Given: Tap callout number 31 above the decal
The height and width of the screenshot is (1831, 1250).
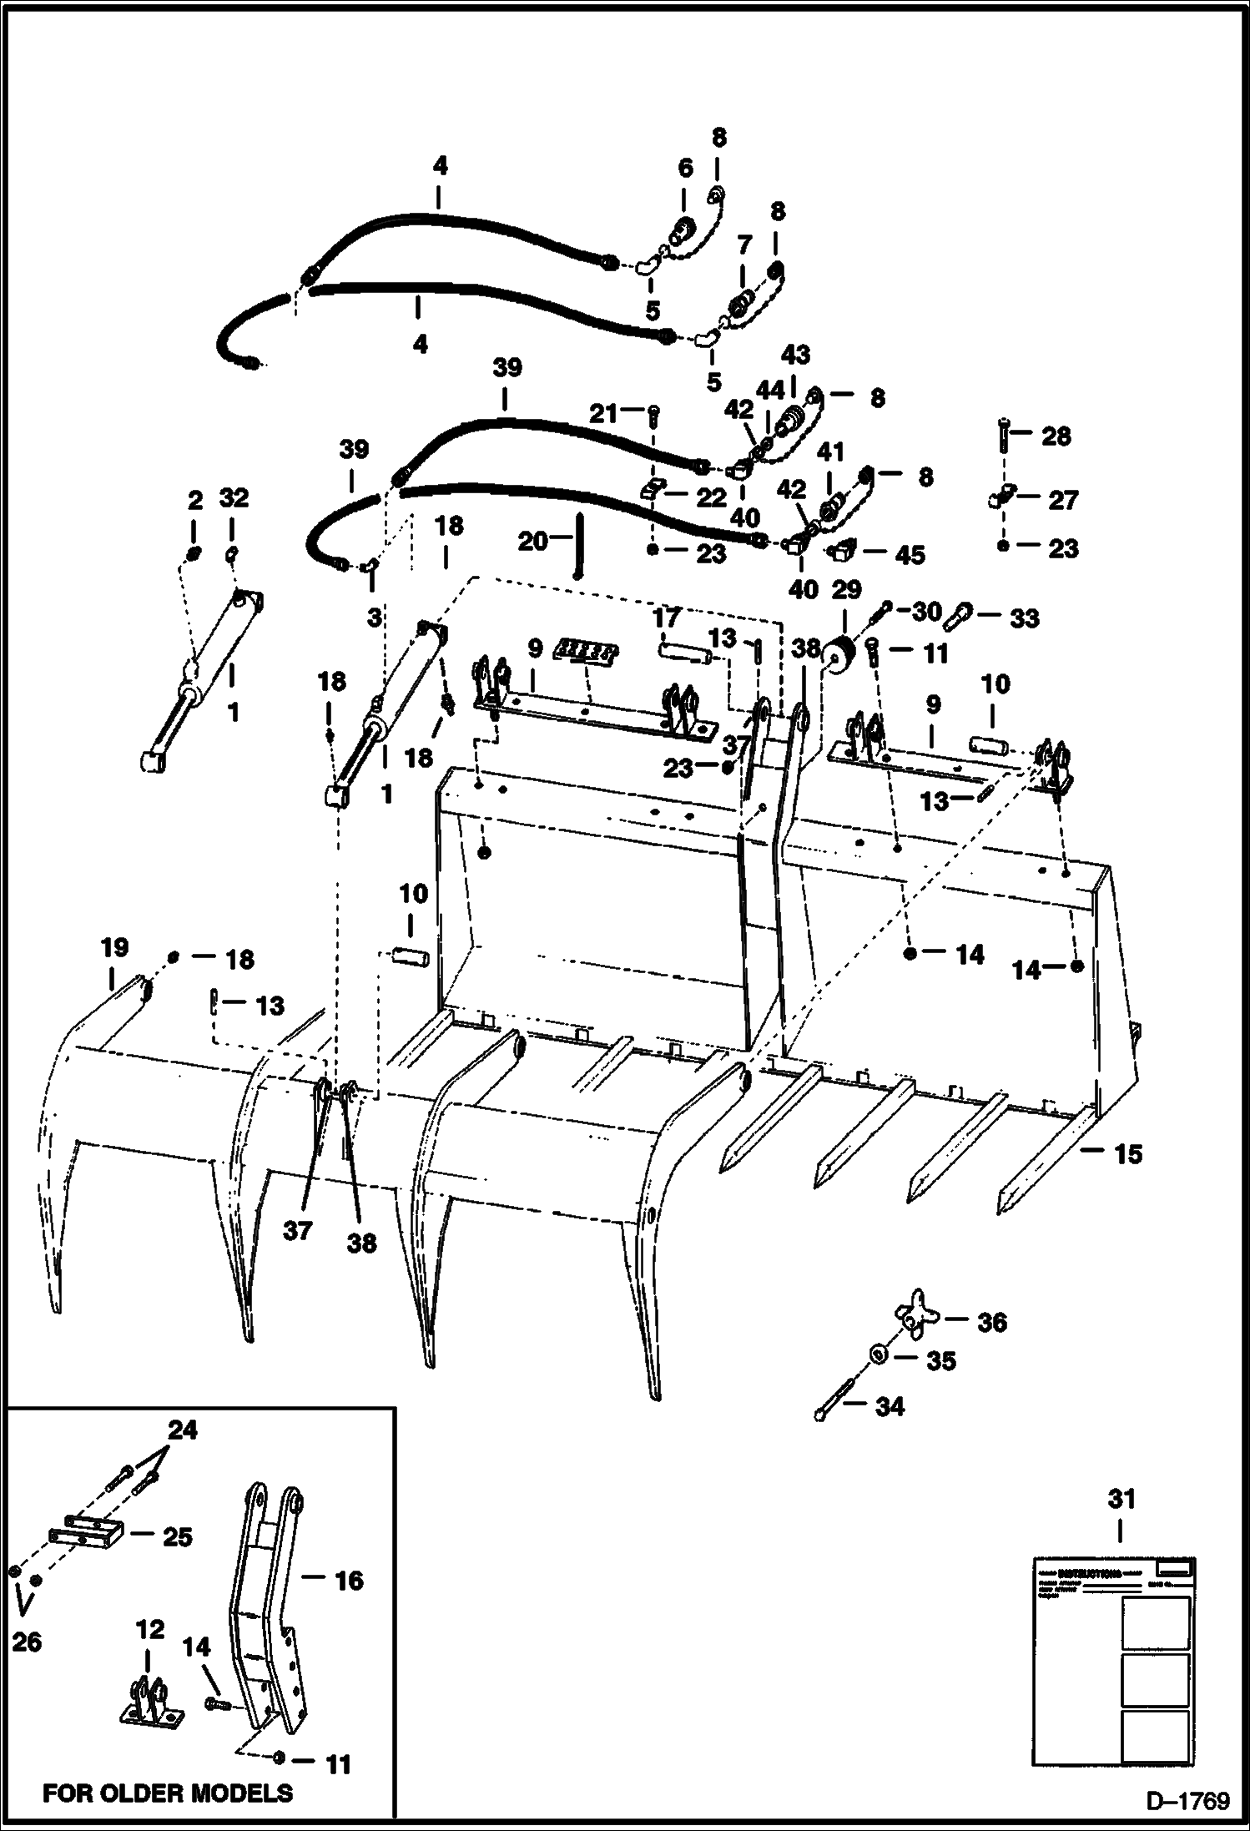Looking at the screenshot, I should tap(1121, 1500).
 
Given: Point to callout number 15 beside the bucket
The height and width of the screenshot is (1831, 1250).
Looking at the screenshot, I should tap(1127, 1154).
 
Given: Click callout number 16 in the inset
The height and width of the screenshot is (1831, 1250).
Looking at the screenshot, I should tap(348, 1580).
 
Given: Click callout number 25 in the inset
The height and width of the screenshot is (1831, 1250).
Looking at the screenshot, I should tap(177, 1537).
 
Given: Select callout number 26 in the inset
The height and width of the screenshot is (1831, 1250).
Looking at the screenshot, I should tap(27, 1642).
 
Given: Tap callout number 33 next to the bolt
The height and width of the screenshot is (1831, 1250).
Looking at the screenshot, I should tap(1024, 618).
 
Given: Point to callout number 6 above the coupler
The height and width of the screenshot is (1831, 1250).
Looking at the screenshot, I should tap(684, 168).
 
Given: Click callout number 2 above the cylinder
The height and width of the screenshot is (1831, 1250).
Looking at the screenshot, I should tap(194, 500).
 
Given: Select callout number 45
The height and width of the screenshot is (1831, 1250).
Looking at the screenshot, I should tap(909, 554).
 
